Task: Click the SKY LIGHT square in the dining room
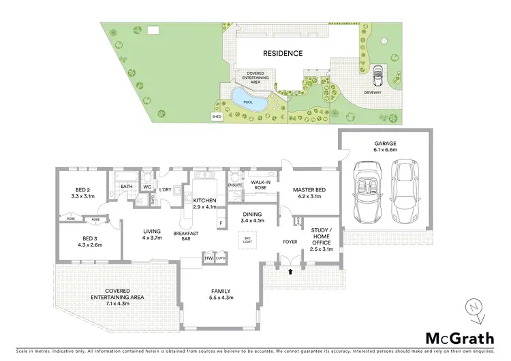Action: (247, 240)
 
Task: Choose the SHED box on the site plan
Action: (217, 116)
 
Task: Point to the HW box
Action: (208, 259)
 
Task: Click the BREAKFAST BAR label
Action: (186, 236)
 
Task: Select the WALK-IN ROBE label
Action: (263, 185)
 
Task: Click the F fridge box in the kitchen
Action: (221, 223)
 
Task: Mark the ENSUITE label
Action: (236, 185)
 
